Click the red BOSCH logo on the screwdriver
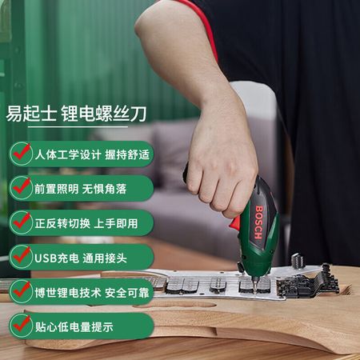[259, 222]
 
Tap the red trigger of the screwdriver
[234, 223]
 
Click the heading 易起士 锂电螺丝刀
[76, 114]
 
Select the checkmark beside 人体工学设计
[22, 153]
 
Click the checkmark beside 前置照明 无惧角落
[22, 186]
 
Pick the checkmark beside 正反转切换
[22, 221]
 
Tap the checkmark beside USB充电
[22, 255]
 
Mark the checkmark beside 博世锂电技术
[22, 290]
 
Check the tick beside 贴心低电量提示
[22, 324]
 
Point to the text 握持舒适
[127, 154]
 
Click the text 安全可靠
[127, 293]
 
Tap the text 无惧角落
[104, 189]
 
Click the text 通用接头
[104, 258]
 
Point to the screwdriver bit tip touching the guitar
[255, 291]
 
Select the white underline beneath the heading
[78, 126]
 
